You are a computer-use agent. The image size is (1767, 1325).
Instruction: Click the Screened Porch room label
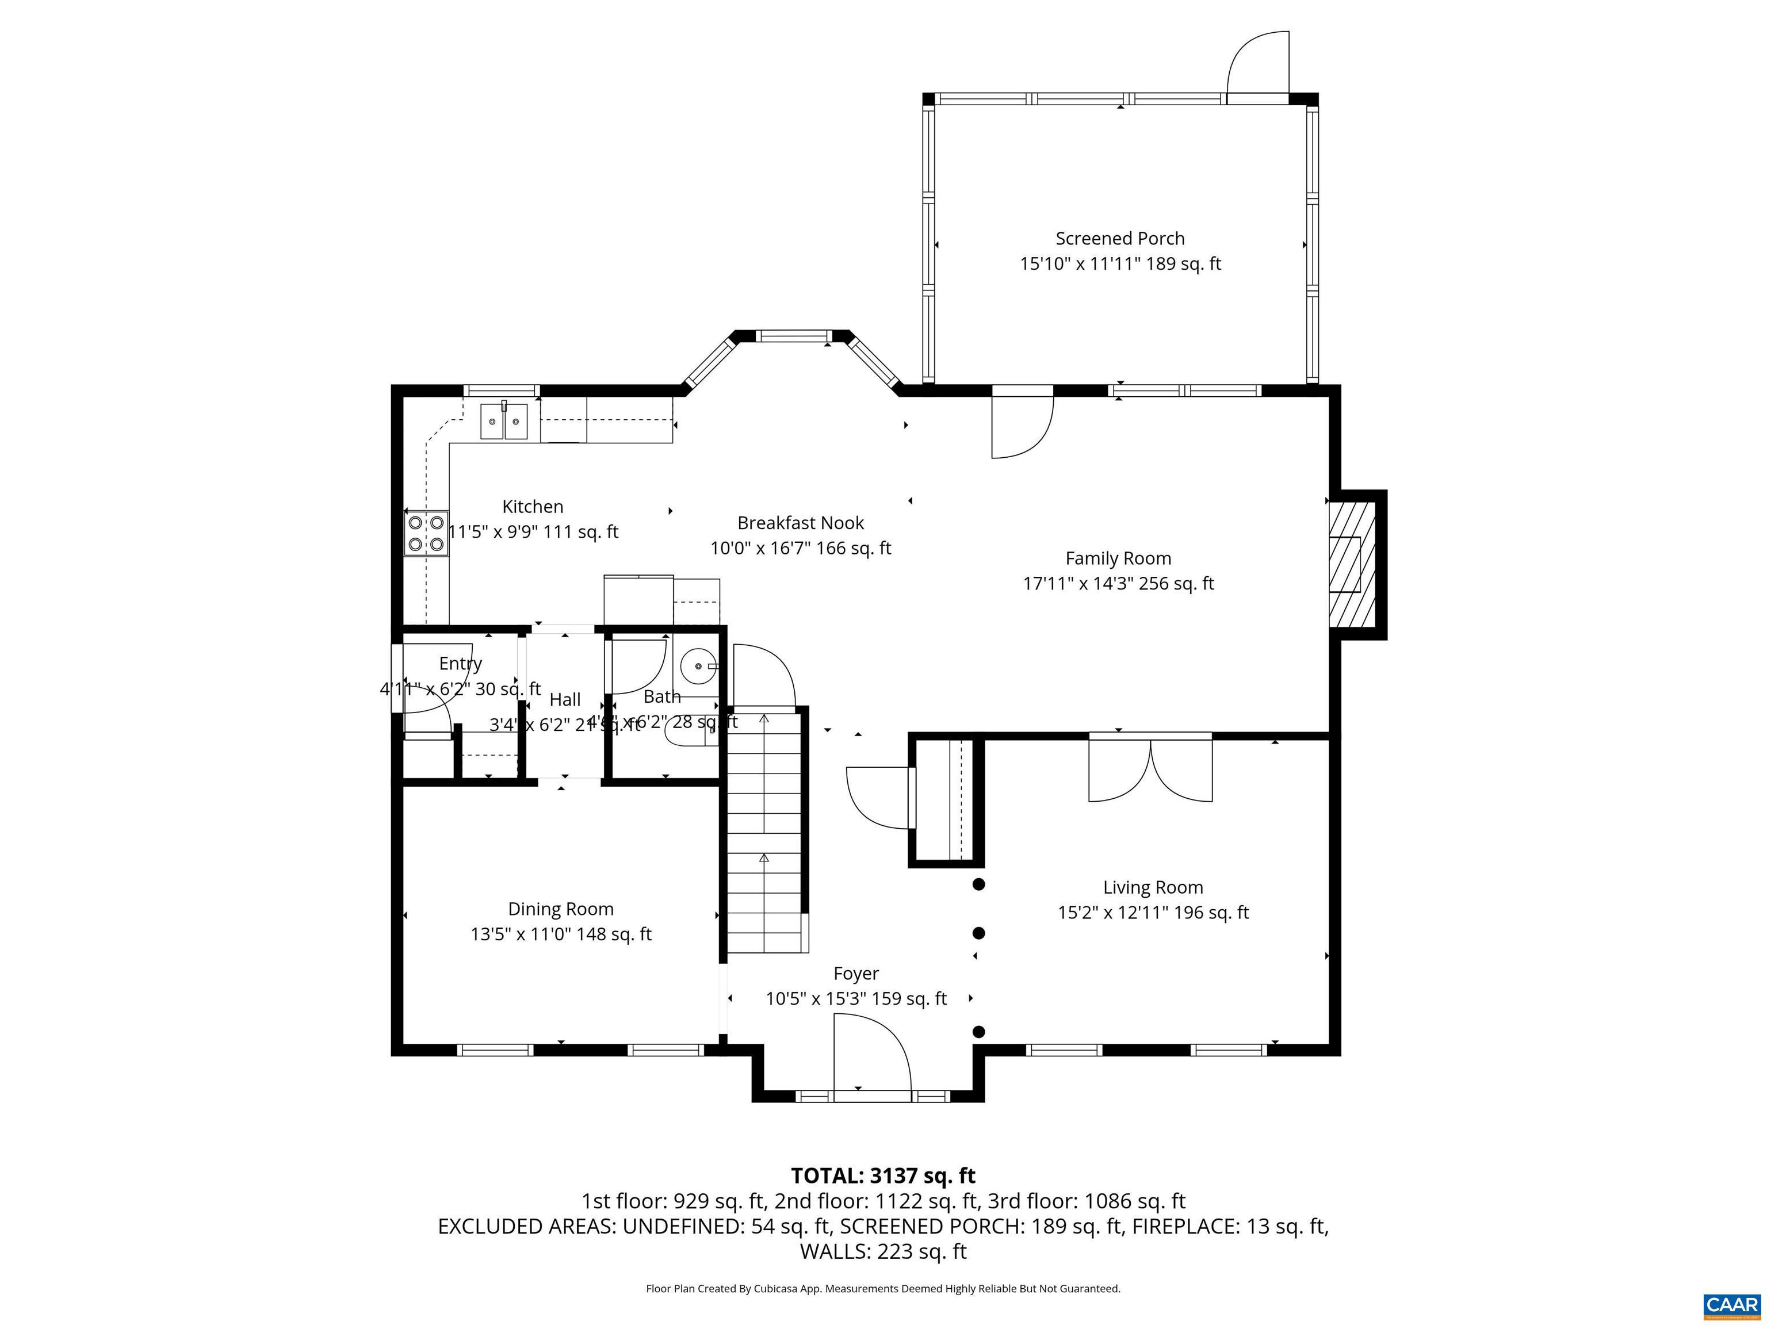point(1119,238)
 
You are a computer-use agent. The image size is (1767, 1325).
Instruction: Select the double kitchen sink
point(504,421)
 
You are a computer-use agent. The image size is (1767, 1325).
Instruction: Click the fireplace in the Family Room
point(1352,564)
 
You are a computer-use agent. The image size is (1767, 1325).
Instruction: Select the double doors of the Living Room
point(1150,770)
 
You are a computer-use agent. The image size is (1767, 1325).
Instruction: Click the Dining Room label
point(561,909)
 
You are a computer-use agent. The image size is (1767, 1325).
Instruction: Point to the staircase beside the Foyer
point(764,830)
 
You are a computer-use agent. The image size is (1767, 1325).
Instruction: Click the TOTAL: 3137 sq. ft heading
point(883,1175)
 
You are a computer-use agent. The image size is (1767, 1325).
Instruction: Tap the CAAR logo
point(1731,1305)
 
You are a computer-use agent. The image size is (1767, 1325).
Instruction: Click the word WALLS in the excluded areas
point(836,1251)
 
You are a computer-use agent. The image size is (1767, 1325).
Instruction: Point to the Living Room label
point(1152,887)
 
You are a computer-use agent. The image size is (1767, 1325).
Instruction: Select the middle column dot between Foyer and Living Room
point(978,933)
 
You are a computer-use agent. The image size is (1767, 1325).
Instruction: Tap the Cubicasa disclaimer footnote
point(883,1288)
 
